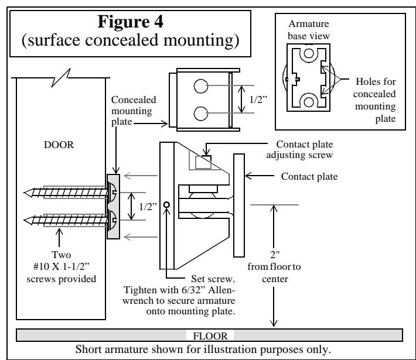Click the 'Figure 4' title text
pyautogui.click(x=130, y=22)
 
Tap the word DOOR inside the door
pyautogui.click(x=59, y=145)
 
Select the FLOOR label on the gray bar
pyautogui.click(x=210, y=336)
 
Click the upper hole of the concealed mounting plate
pyautogui.click(x=200, y=86)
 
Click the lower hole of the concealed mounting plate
pyautogui.click(x=200, y=114)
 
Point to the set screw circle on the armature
pyautogui.click(x=166, y=205)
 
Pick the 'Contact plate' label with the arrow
pyautogui.click(x=309, y=176)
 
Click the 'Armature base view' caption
pyautogui.click(x=309, y=30)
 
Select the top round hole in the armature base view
pyautogui.click(x=309, y=53)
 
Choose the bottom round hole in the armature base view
pyautogui.click(x=309, y=102)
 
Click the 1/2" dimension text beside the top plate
pyautogui.click(x=258, y=100)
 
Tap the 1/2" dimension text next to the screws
pyautogui.click(x=148, y=207)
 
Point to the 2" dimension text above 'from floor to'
pyautogui.click(x=275, y=255)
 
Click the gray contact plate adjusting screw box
pyautogui.click(x=203, y=163)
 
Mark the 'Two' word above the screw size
pyautogui.click(x=62, y=255)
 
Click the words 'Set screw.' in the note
pyautogui.click(x=213, y=279)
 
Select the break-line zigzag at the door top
pyautogui.click(x=61, y=78)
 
